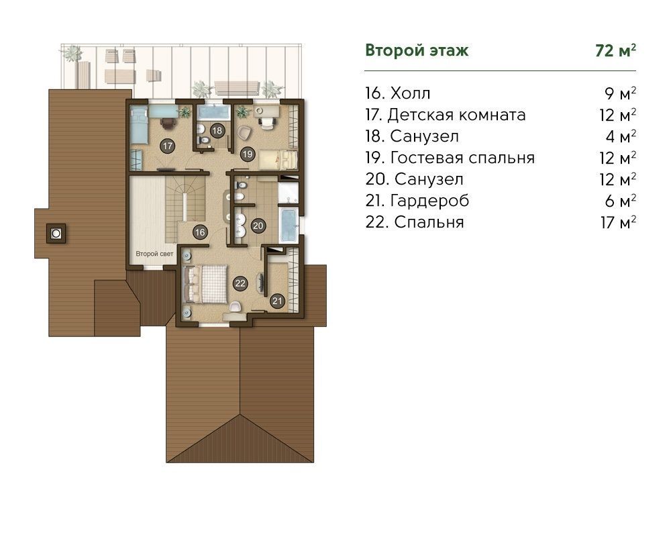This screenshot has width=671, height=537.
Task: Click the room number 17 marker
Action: [167, 146]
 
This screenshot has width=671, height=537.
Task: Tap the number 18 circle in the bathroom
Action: [217, 131]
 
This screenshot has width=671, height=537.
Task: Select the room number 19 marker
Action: [248, 154]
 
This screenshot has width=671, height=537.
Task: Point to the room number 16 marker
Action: [200, 232]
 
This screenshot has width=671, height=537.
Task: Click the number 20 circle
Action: [258, 226]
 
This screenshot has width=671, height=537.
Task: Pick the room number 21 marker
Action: [277, 301]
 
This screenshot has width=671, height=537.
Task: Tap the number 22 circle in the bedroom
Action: [240, 283]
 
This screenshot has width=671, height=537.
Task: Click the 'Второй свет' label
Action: [154, 254]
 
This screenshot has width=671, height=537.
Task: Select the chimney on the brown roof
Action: [56, 234]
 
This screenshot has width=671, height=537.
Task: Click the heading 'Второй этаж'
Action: [417, 50]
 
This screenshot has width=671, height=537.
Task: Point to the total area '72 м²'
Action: [615, 50]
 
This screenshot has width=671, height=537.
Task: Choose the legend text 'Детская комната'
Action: [456, 115]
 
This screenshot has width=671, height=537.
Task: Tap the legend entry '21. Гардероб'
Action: [417, 201]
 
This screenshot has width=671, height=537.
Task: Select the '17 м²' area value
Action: [618, 222]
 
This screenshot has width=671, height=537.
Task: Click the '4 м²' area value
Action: [621, 136]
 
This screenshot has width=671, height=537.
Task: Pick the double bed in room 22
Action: [205, 284]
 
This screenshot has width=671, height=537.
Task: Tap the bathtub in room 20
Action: [289, 226]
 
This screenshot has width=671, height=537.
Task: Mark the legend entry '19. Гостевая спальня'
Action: [450, 158]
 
